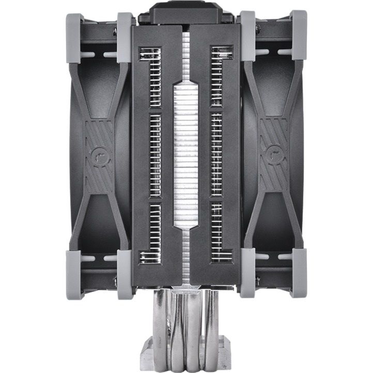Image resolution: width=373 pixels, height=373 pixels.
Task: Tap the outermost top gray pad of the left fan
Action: [x=75, y=36]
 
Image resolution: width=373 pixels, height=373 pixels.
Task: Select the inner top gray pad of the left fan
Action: [x=125, y=36]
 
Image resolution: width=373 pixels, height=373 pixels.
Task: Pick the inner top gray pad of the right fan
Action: [x=248, y=36]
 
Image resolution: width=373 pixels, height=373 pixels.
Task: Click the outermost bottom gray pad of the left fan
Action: [x=75, y=274]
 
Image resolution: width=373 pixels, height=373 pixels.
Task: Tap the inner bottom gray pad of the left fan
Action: [x=125, y=274]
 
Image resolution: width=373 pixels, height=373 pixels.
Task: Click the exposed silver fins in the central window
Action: [x=186, y=155]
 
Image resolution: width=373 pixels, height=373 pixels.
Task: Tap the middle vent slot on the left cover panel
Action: [x=155, y=155]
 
